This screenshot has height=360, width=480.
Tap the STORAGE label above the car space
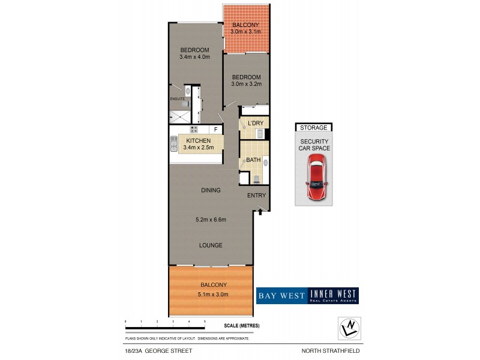coord(314,127)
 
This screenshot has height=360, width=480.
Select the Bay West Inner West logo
coord(307,295)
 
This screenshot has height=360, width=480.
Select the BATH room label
coord(253,161)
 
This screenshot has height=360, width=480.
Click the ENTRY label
coord(256,196)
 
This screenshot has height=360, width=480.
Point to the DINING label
coord(211,190)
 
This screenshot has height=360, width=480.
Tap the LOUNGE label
coord(211,245)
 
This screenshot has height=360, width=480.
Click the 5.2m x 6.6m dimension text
coord(211,220)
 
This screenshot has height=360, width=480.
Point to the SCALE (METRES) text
coord(239,325)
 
